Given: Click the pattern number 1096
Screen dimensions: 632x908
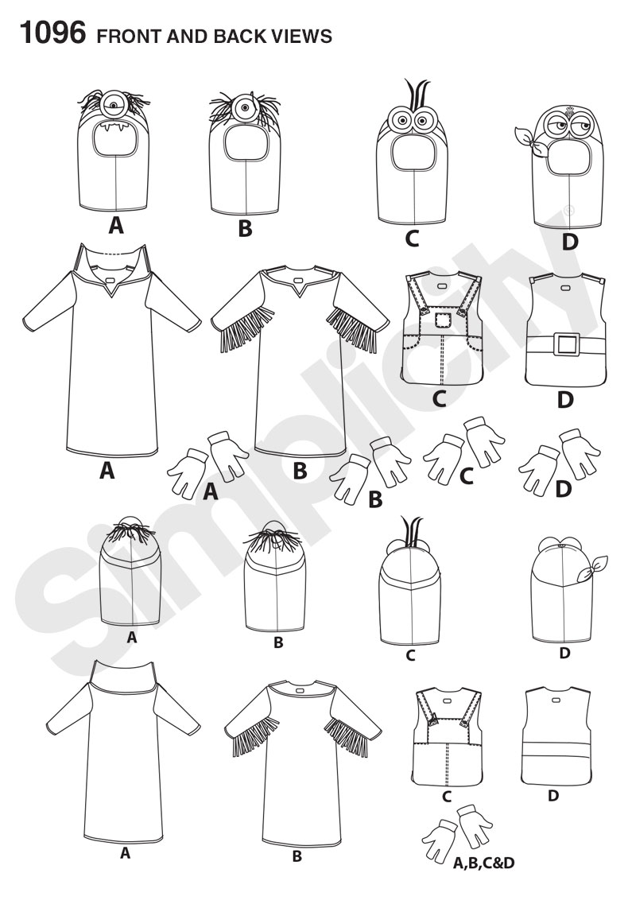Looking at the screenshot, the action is (52, 33).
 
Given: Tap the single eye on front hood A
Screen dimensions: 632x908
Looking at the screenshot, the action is (114, 106).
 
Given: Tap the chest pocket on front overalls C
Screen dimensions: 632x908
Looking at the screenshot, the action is (443, 321).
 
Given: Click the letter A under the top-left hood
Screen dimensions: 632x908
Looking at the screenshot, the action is (116, 225).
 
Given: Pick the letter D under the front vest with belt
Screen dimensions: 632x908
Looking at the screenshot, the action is (565, 400).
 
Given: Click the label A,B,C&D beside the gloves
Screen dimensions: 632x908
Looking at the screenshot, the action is (483, 863).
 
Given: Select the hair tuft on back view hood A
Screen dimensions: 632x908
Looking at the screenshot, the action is (130, 532).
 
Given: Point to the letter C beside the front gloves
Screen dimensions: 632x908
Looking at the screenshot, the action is (466, 476).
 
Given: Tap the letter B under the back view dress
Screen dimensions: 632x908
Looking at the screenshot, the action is (297, 856).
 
